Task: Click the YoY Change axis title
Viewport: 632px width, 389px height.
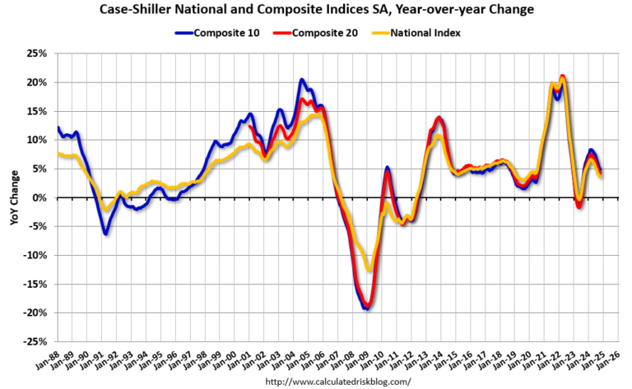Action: pos(14,198)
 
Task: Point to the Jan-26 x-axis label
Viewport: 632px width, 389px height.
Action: pos(609,360)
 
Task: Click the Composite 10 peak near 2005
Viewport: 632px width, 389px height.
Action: pos(302,80)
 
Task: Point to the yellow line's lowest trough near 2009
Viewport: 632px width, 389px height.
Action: pos(369,270)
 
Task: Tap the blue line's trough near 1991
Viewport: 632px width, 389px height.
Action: pos(105,234)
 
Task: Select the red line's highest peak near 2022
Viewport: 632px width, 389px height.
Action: pos(562,76)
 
